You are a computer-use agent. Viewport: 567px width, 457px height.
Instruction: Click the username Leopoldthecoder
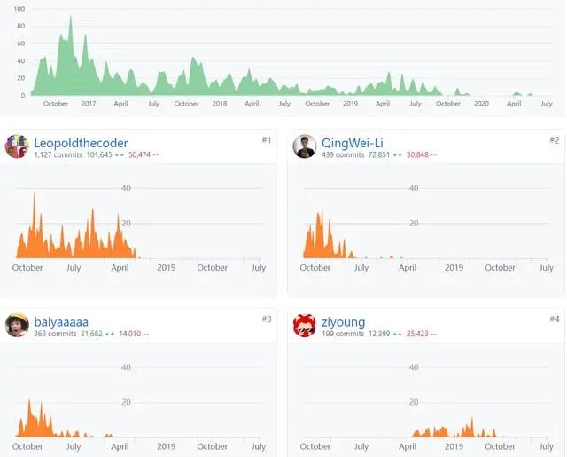(81, 143)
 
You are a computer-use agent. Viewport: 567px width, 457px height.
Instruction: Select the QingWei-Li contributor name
(353, 143)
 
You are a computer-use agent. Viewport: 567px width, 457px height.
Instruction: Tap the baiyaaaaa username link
(61, 321)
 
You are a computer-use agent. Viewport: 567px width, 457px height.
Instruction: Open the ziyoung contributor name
(343, 321)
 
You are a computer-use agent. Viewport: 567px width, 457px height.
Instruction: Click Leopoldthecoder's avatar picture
(17, 146)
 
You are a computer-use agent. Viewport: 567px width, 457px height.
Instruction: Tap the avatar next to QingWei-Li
(305, 146)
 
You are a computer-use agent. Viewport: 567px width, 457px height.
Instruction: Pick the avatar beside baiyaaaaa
(17, 326)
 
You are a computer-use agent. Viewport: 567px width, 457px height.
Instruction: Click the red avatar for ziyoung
(305, 326)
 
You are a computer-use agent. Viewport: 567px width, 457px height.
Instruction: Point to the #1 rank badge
(266, 140)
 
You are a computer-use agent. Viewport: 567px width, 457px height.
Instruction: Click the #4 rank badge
(554, 319)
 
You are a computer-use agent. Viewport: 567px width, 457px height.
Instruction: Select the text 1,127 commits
(56, 155)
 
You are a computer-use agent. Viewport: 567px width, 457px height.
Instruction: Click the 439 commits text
(341, 155)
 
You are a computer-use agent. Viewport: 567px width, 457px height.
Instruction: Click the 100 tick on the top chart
(19, 9)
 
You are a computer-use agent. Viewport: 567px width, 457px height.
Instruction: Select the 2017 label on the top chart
(88, 104)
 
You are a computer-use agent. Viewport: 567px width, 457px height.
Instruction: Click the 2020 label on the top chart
(481, 104)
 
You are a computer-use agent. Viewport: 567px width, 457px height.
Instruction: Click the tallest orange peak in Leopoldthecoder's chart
(35, 193)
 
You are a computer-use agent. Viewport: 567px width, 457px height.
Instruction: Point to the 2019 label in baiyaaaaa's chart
(166, 446)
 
